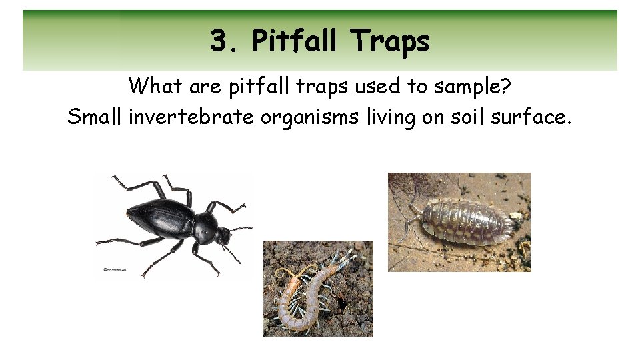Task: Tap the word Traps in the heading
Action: tap(391, 41)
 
